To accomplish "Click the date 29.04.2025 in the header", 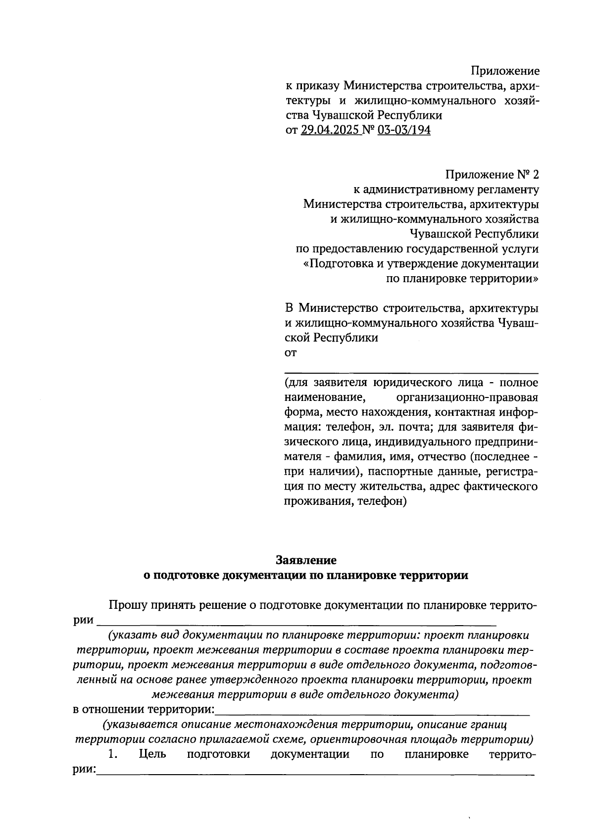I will click(x=331, y=130).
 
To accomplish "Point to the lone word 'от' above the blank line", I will click(x=291, y=353).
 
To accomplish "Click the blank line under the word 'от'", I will click(x=411, y=372).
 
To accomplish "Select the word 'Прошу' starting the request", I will click(x=126, y=605).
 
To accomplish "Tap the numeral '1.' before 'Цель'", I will click(x=113, y=754).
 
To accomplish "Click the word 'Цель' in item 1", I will click(x=153, y=754).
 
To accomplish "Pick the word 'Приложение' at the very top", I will click(x=505, y=71).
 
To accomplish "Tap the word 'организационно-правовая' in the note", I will click(x=467, y=397).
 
